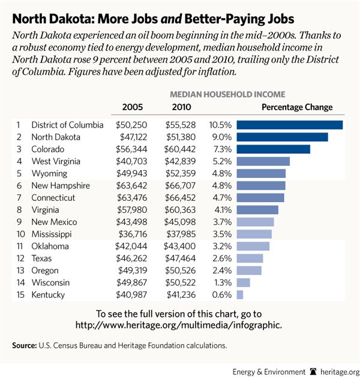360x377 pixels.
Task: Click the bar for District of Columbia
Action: click(289, 125)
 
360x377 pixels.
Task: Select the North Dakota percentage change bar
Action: click(282, 137)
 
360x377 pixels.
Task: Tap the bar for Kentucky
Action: click(240, 294)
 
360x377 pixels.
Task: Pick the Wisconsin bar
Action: click(243, 282)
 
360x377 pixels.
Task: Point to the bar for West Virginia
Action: click(263, 161)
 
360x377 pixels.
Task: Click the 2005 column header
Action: click(132, 107)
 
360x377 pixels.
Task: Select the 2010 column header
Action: click(181, 107)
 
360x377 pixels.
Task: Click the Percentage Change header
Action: click(297, 107)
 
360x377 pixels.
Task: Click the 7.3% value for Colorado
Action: click(220, 149)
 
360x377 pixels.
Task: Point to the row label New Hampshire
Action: click(61, 185)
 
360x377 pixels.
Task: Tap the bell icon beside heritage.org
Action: click(313, 370)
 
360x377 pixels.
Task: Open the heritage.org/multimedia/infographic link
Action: click(178, 324)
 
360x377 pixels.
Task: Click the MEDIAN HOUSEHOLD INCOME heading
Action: click(227, 94)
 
